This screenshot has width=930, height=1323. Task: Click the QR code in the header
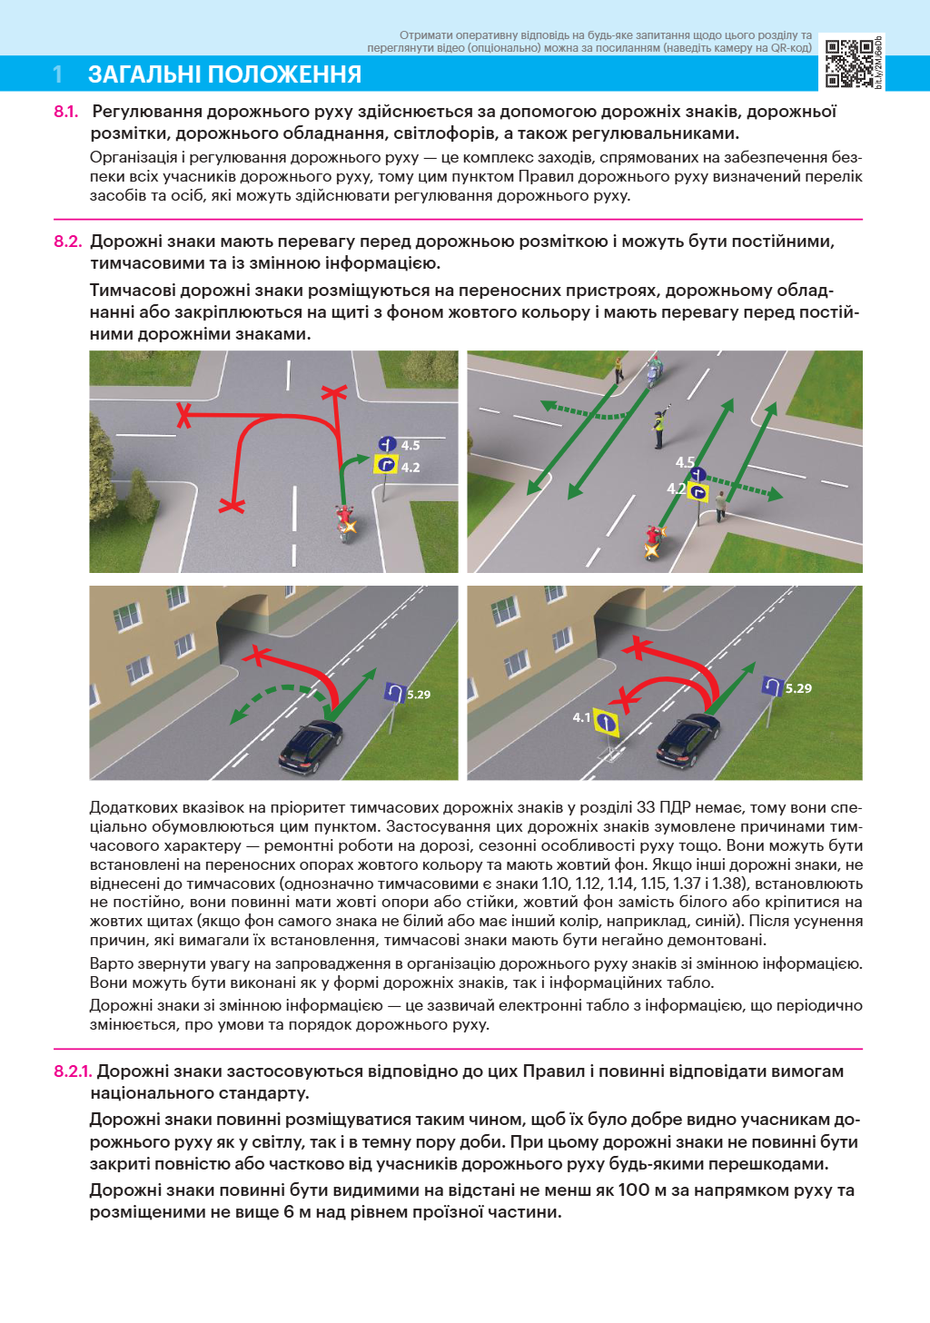pyautogui.click(x=849, y=63)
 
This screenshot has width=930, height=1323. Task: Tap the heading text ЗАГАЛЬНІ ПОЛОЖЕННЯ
pyautogui.click(x=224, y=74)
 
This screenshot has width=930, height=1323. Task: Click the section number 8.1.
pyautogui.click(x=65, y=112)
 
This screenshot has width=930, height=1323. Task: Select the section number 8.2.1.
pyautogui.click(x=73, y=1071)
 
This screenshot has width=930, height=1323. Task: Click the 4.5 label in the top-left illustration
pyautogui.click(x=411, y=445)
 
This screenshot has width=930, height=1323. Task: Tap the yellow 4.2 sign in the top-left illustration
pyautogui.click(x=386, y=466)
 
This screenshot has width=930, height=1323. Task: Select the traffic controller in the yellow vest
pyautogui.click(x=658, y=428)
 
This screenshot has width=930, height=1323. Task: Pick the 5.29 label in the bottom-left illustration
pyautogui.click(x=419, y=695)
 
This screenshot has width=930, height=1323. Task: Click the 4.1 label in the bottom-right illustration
pyautogui.click(x=581, y=717)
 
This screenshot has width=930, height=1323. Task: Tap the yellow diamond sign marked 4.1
pyautogui.click(x=606, y=723)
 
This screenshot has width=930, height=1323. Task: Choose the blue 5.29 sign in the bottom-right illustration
pyautogui.click(x=771, y=687)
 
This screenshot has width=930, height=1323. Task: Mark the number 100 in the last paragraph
pyautogui.click(x=634, y=1190)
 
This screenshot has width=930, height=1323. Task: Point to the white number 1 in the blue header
pyautogui.click(x=58, y=74)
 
